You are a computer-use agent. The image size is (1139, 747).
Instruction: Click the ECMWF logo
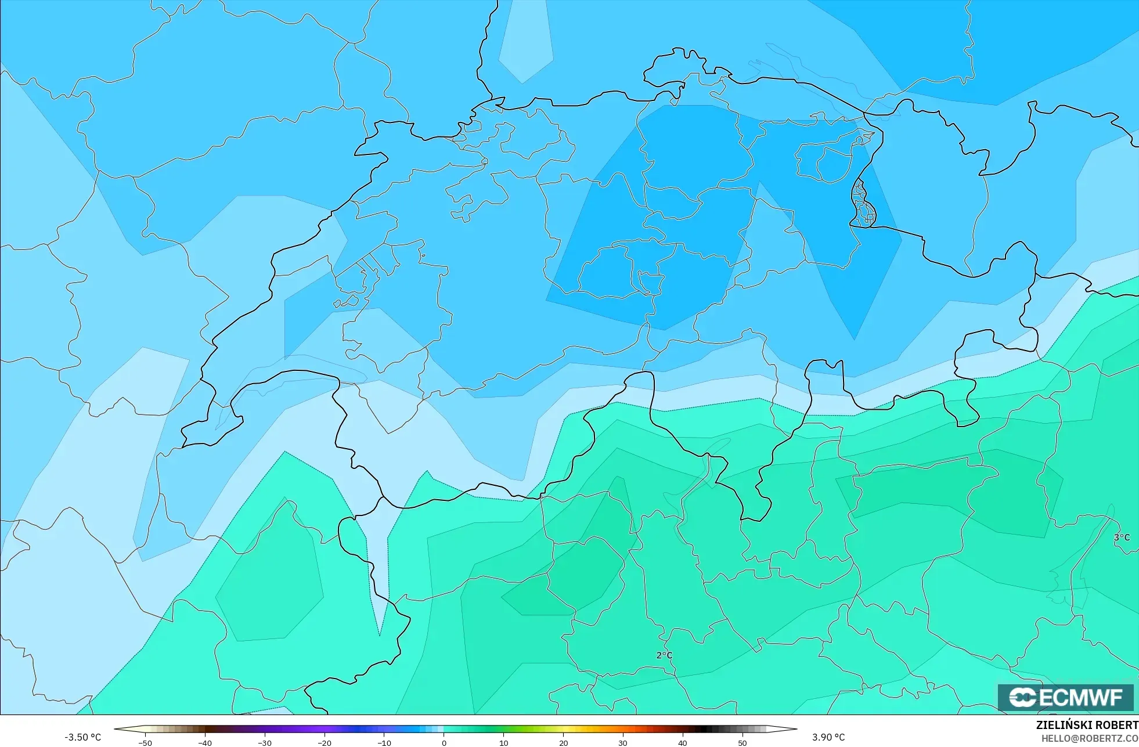[1065, 697]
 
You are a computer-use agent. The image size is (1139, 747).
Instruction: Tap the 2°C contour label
[664, 655]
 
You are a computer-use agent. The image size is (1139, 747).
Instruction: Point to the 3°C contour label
[1122, 537]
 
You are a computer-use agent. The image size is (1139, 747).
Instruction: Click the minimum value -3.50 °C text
[82, 737]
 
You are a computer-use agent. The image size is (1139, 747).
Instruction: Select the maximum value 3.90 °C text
[828, 737]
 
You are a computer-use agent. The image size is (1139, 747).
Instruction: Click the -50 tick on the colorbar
[145, 742]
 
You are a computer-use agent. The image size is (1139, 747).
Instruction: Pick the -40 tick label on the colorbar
[205, 742]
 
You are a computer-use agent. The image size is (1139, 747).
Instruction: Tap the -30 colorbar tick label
[265, 742]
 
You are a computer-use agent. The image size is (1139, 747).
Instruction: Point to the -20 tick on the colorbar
[325, 742]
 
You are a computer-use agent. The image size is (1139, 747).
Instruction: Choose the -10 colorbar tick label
[384, 742]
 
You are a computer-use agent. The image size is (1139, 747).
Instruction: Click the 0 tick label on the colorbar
[444, 742]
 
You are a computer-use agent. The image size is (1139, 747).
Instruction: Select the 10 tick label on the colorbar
[503, 742]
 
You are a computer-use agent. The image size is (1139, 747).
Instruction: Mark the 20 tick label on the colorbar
[563, 742]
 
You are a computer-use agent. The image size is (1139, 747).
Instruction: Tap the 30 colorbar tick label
[623, 742]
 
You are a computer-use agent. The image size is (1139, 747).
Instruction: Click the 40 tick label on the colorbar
[683, 742]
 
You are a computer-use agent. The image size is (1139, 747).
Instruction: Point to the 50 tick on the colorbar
[742, 742]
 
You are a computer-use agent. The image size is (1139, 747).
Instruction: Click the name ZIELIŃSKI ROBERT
[1087, 725]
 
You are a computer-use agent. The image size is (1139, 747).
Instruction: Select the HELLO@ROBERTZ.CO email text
[1089, 738]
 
